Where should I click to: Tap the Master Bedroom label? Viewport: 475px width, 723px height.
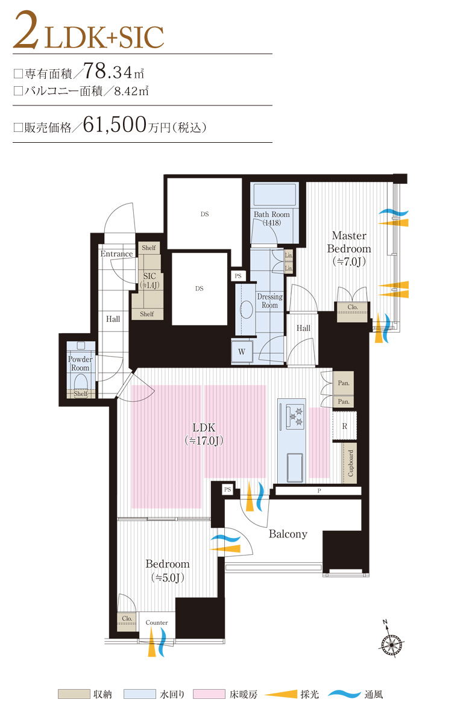349,248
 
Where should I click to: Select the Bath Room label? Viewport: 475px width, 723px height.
272,219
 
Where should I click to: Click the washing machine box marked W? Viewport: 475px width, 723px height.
242,351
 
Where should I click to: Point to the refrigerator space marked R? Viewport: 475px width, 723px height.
345,426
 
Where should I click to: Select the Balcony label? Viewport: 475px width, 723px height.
288,534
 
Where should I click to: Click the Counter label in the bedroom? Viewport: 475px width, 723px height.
157,622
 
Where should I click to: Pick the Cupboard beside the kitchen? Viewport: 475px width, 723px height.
350,463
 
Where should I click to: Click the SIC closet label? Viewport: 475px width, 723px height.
149,281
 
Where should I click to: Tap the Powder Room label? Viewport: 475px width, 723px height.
80,363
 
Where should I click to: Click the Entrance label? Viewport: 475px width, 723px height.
116,254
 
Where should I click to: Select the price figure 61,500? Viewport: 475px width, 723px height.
115,125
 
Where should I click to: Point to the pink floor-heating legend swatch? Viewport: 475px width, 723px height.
209,694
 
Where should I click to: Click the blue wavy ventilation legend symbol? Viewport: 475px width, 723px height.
344,694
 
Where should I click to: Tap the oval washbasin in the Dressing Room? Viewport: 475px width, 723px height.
247,309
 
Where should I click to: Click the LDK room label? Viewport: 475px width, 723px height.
203,434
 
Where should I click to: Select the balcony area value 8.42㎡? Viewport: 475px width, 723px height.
131,91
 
